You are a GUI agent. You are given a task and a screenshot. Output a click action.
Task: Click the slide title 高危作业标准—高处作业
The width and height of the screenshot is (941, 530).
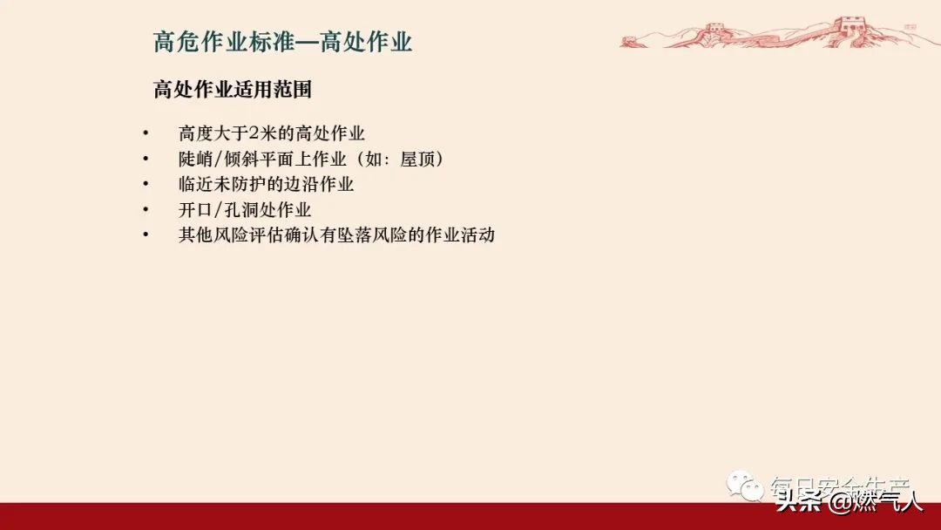coord(282,43)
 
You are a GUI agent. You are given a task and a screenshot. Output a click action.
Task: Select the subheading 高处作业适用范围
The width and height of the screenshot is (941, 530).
coord(233,90)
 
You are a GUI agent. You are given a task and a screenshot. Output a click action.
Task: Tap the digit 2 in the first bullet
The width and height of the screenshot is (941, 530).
coord(254,134)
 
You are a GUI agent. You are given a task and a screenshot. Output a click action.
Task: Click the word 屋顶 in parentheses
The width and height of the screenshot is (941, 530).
coord(420,160)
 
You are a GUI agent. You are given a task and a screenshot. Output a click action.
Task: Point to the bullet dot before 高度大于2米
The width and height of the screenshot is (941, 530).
coord(146,134)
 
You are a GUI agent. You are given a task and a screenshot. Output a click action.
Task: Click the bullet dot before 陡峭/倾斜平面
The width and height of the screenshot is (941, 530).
coord(146,160)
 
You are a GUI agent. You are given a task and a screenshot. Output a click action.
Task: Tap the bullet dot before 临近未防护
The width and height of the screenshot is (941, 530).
coord(146,185)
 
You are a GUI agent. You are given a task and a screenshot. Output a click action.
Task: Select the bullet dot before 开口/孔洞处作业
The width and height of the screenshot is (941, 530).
coord(146,210)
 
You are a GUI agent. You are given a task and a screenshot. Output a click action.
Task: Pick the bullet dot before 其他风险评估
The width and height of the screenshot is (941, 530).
coord(146,235)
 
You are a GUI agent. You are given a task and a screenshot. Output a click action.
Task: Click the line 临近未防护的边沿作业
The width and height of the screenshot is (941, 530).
coord(266,185)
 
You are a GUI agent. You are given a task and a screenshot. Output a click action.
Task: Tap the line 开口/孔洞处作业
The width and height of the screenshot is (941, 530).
coord(245,210)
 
